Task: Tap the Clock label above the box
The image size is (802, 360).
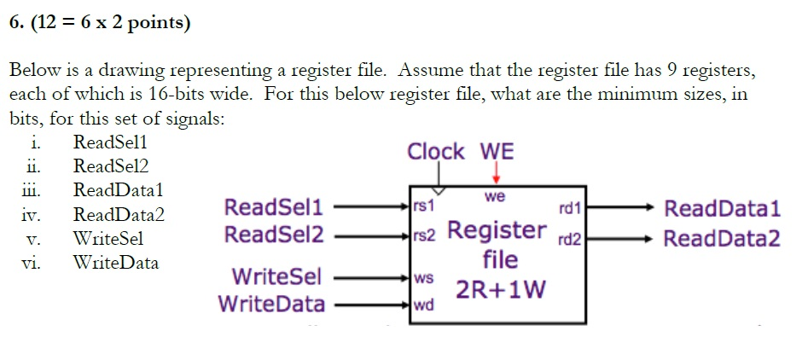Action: pos(436,152)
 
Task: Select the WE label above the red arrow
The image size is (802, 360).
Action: pos(497,152)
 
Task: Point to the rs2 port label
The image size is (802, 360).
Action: pos(425,235)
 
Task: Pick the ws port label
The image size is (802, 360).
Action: pos(423,277)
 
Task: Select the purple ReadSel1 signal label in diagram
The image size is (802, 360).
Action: pos(273,206)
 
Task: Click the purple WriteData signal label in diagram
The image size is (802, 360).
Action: pos(271,304)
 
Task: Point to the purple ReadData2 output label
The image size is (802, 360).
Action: pos(722,237)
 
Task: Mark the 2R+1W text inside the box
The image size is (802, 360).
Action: pos(500,290)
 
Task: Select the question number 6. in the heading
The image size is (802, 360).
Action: pos(18,23)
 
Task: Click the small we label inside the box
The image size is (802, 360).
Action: pos(495,196)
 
